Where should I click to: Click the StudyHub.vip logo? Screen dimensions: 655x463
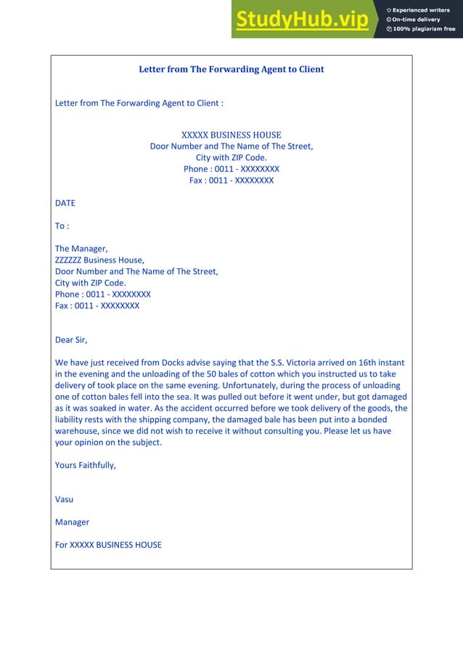[x=302, y=20]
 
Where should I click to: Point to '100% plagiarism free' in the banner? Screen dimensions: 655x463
[x=424, y=29]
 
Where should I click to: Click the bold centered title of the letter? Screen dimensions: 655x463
[x=231, y=70]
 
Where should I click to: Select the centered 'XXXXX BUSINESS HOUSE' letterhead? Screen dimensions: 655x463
[x=231, y=135]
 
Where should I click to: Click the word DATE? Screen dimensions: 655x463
[x=65, y=203]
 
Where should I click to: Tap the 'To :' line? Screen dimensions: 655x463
[x=62, y=226]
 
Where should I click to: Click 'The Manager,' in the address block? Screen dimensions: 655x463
[x=81, y=249]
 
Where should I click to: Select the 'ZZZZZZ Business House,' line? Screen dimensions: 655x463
[x=99, y=260]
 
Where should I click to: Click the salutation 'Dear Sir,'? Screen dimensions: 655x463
[x=71, y=339]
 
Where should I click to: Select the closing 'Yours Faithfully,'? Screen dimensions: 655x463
[x=86, y=465]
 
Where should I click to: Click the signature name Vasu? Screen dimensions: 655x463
[x=64, y=499]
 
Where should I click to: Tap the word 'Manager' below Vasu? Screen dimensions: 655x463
[x=72, y=522]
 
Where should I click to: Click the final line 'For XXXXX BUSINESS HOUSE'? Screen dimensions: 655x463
[x=108, y=545]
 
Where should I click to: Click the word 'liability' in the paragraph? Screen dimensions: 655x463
[x=71, y=419]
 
